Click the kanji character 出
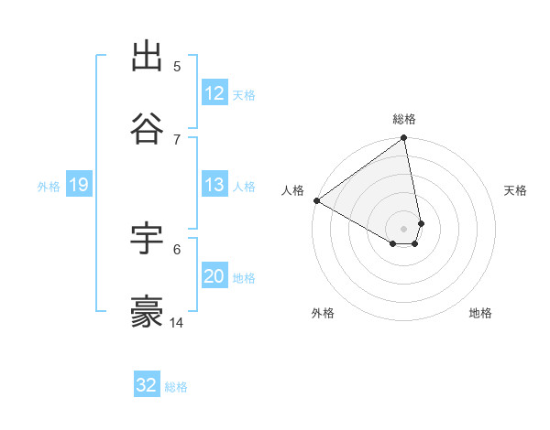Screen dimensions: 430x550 (148, 57)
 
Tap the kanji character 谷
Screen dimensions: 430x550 (148, 129)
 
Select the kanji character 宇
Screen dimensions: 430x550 (148, 239)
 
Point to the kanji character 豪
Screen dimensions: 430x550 (148, 312)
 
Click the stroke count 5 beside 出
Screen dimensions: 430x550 (177, 66)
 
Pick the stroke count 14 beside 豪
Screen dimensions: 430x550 (178, 322)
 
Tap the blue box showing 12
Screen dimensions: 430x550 (214, 93)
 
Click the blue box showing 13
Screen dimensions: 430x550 (214, 185)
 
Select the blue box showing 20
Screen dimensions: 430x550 (214, 276)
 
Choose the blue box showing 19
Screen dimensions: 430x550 (79, 185)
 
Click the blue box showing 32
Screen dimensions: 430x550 (147, 385)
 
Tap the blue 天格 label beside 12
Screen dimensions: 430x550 (244, 94)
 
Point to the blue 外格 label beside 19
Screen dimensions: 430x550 (49, 186)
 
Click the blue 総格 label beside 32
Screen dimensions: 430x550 (176, 386)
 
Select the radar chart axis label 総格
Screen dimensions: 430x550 (404, 119)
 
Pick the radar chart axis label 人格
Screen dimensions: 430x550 (292, 190)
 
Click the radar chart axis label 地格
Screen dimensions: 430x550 (480, 313)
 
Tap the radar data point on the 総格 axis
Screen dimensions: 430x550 (404, 139)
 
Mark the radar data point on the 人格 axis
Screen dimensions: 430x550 (316, 200)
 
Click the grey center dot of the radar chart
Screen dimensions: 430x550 (404, 228)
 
